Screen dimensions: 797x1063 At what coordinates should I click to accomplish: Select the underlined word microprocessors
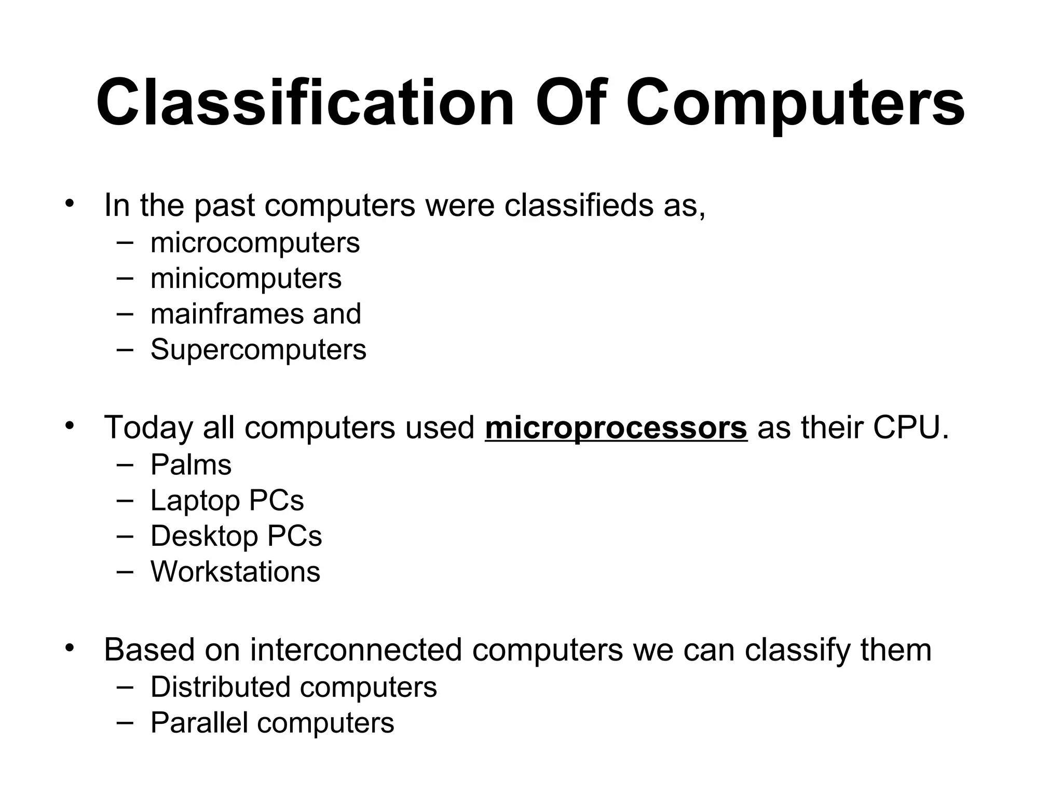tap(616, 428)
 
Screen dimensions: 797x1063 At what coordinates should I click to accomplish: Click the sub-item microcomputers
tap(255, 243)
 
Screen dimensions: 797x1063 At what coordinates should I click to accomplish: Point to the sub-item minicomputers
tap(246, 279)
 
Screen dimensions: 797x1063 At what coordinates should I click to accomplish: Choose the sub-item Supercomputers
tap(258, 350)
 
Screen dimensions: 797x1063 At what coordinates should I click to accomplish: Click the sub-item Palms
tap(191, 464)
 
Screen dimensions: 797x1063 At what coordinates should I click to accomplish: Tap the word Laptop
tap(195, 501)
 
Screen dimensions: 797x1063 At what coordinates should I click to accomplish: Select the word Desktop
tap(203, 537)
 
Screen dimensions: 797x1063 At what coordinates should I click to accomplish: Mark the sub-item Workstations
tap(235, 572)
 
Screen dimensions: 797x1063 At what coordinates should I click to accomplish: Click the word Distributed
tap(220, 687)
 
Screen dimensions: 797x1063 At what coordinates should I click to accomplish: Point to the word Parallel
tap(199, 723)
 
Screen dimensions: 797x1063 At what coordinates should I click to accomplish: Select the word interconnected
tap(356, 650)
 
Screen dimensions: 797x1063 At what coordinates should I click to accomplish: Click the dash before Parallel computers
tap(125, 722)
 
